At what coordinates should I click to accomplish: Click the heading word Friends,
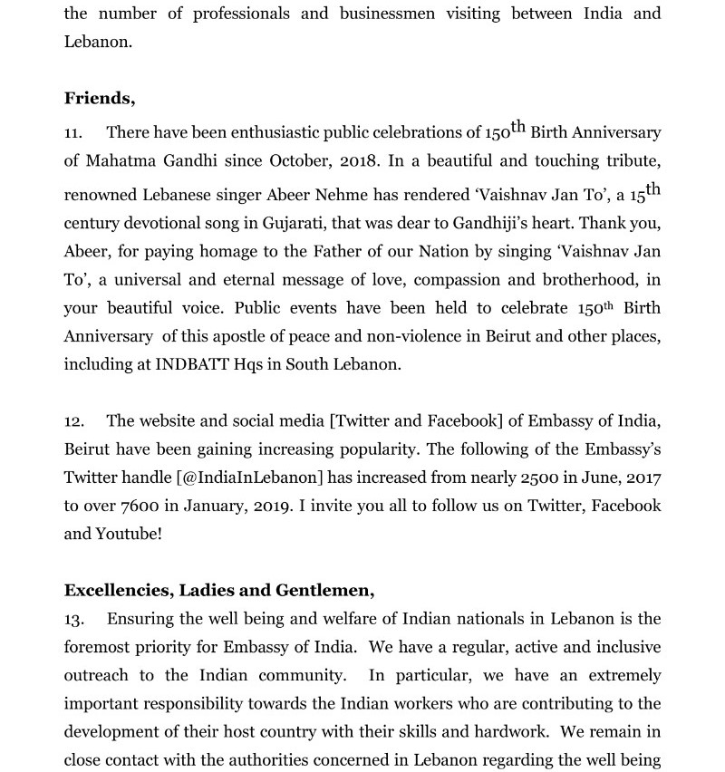100,99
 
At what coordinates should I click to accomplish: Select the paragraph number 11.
72,133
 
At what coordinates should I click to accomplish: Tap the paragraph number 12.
73,421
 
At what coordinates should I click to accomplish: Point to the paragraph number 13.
73,619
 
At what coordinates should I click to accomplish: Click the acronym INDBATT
195,364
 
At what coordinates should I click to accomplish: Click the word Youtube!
129,534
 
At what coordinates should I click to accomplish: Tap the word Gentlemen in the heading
327,591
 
